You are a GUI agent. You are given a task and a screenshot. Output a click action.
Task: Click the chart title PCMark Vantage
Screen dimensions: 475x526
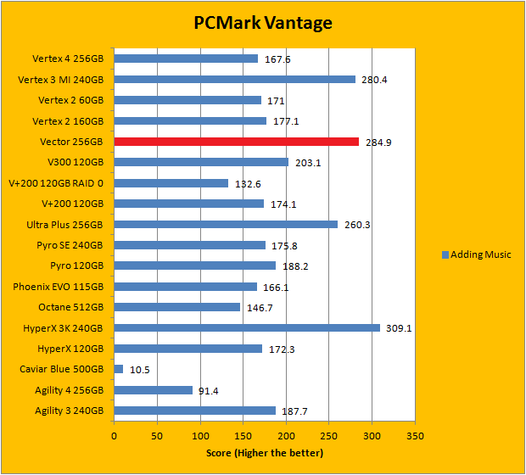[263, 22]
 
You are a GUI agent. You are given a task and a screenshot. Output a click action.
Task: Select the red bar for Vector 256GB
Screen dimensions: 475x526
[236, 142]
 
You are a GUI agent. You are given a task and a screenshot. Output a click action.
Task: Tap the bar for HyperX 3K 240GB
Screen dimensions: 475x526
[247, 327]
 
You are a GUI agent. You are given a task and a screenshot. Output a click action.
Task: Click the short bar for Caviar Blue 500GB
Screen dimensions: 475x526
[119, 369]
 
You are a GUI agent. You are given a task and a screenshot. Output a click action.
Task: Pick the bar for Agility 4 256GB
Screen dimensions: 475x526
[153, 389]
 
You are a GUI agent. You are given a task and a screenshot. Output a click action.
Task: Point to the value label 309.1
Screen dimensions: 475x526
[398, 328]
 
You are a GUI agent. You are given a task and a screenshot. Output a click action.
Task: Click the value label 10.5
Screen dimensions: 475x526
[140, 370]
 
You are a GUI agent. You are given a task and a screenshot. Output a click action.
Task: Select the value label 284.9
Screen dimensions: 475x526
[378, 142]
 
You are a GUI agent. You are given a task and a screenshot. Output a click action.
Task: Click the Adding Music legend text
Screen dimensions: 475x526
[480, 254]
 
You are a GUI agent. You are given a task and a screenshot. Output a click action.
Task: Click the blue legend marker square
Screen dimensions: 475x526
[445, 254]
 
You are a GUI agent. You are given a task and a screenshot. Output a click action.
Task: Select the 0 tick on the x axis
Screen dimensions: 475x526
[114, 436]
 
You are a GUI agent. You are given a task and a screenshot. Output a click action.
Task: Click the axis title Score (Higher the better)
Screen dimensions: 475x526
[264, 453]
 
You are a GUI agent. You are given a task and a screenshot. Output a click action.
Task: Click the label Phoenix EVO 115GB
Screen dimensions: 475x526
[58, 287]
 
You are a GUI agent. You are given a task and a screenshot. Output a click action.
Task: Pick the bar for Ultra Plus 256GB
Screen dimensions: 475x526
[226, 225]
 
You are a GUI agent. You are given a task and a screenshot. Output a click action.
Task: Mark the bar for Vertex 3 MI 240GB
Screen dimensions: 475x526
[234, 80]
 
